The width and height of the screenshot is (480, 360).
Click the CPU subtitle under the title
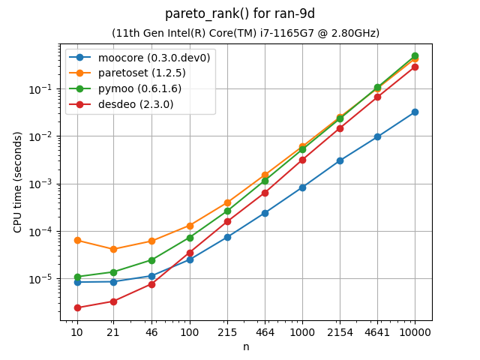[x=245, y=33]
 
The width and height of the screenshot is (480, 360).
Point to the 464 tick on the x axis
[x=265, y=331]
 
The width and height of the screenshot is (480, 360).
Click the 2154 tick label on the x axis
[x=340, y=331]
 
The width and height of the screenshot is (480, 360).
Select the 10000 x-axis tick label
[x=415, y=331]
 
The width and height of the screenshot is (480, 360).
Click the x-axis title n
[x=245, y=346]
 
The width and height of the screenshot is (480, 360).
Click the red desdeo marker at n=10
[x=76, y=307]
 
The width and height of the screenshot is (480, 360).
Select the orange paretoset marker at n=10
[x=76, y=240]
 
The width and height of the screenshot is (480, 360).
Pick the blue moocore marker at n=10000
[x=415, y=112]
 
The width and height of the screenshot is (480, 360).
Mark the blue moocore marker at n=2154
[x=340, y=160]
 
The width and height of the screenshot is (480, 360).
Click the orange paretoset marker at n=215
[x=227, y=202]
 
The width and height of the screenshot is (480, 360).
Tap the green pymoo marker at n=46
[x=151, y=260]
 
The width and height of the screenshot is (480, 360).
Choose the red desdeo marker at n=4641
[x=377, y=97]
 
